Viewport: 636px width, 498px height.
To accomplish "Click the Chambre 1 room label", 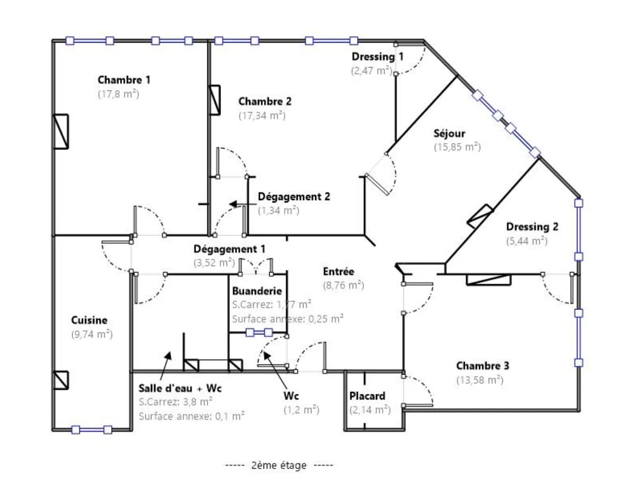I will point(124,80).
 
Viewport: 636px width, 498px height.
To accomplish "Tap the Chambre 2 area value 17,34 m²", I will point(262,115).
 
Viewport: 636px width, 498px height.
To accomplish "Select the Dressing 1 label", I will point(377,57).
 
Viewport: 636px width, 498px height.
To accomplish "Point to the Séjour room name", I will point(449,133).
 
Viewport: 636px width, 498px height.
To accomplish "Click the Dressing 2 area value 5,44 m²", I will point(527,241).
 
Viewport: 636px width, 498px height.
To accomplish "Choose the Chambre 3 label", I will point(482,366).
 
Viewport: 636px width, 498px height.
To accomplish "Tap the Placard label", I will point(367,396).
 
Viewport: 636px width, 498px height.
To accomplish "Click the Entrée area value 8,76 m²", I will point(343,285).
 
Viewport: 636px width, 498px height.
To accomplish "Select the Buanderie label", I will point(257,291).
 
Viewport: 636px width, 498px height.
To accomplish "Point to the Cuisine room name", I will point(89,320).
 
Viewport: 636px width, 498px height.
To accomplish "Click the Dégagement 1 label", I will point(229,249).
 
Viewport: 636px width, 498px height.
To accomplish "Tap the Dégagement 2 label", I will point(294,196).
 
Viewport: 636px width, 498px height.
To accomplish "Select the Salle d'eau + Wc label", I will point(180,388).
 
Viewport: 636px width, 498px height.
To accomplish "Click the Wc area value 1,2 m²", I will point(301,410).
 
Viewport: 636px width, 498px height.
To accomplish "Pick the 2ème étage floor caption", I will point(279,465).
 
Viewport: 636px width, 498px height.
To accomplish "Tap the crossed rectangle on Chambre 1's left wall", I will point(61,131).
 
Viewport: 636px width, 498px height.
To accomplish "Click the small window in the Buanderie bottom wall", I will point(259,332).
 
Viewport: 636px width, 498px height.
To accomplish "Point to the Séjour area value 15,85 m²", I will point(457,147).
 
